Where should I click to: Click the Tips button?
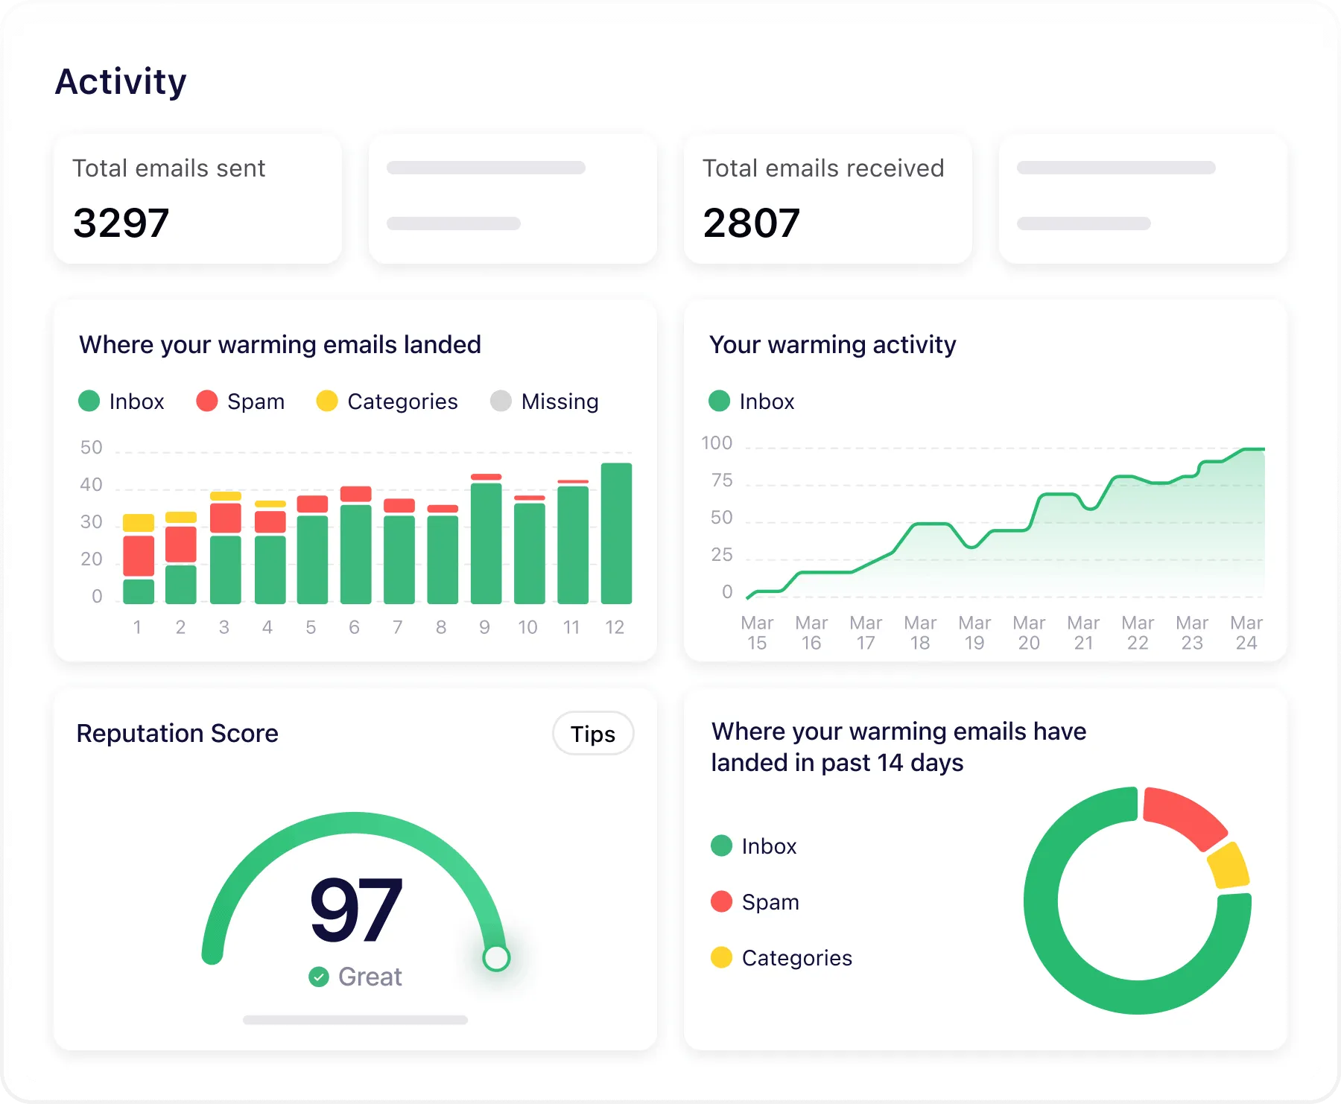pyautogui.click(x=593, y=734)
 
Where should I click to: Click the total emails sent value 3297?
pyautogui.click(x=121, y=223)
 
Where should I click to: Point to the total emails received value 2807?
pyautogui.click(x=751, y=223)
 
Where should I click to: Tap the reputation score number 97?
pyautogui.click(x=356, y=910)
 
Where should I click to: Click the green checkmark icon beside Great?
pyautogui.click(x=319, y=977)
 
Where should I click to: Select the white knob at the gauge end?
pyautogui.click(x=496, y=958)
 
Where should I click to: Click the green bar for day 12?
pyautogui.click(x=616, y=533)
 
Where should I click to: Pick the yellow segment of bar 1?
pyautogui.click(x=139, y=522)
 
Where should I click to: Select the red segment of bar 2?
pyautogui.click(x=181, y=545)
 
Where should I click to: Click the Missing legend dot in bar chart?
pyautogui.click(x=501, y=401)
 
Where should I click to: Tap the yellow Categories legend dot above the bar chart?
pyautogui.click(x=327, y=401)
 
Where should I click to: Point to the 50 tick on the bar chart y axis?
pyautogui.click(x=91, y=448)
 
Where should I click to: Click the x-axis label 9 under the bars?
pyautogui.click(x=484, y=627)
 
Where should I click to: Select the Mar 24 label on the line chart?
pyautogui.click(x=1246, y=632)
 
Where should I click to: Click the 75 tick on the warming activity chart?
pyautogui.click(x=722, y=480)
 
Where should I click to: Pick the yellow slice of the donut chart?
pyautogui.click(x=1229, y=866)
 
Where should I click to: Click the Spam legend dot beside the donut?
pyautogui.click(x=721, y=901)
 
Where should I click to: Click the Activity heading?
pyautogui.click(x=121, y=81)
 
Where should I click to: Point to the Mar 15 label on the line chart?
pyautogui.click(x=757, y=632)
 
